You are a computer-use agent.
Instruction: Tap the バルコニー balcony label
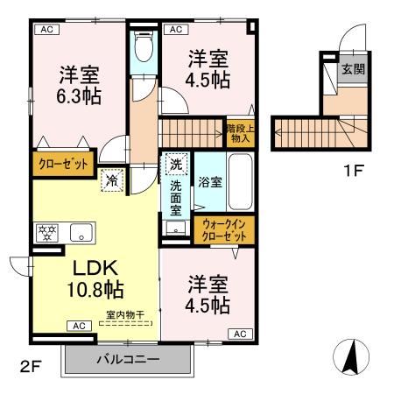pyautogui.click(x=128, y=359)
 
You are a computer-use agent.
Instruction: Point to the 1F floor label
pyautogui.click(x=353, y=171)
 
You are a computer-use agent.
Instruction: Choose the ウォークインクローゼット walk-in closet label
pyautogui.click(x=224, y=230)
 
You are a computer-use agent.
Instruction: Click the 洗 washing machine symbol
pyautogui.click(x=176, y=165)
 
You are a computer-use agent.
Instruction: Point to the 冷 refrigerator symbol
pyautogui.click(x=115, y=181)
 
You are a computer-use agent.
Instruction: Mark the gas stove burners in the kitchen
pyautogui.click(x=46, y=233)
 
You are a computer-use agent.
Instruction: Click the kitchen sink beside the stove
pyautogui.click(x=80, y=233)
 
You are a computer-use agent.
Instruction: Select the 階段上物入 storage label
pyautogui.click(x=239, y=132)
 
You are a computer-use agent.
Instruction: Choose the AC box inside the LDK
pyautogui.click(x=78, y=327)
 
